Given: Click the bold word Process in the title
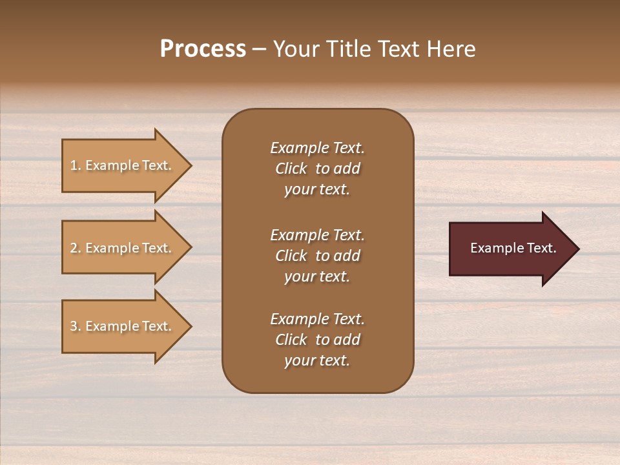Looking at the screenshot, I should (x=203, y=49).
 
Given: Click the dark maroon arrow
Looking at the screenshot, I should (x=510, y=248).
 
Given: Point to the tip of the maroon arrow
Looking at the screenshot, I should (x=577, y=248).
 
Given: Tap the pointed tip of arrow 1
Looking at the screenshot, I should (x=190, y=165).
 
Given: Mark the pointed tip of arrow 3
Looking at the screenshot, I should (x=190, y=326).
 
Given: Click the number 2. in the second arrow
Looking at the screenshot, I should (x=76, y=248).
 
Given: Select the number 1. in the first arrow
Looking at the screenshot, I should (x=76, y=165).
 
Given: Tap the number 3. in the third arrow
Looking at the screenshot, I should (x=76, y=326).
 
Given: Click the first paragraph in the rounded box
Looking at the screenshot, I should (x=317, y=169).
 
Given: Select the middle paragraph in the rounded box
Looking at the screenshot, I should (x=317, y=256).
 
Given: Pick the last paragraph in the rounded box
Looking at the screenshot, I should (x=317, y=340).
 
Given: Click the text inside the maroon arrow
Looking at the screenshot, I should (x=513, y=248).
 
